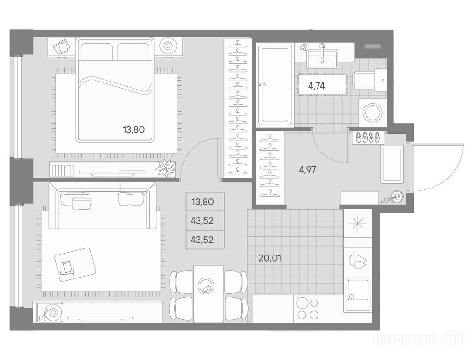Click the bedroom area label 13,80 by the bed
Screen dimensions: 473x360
point(133,129)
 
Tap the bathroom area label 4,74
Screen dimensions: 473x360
point(316,86)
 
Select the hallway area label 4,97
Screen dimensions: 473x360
point(307,170)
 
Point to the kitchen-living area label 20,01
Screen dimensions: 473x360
point(270,258)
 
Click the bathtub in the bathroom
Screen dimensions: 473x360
point(274,86)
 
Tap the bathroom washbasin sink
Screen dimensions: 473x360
point(322,59)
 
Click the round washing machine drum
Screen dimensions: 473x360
point(373,113)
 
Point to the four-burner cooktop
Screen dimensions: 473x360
point(307,308)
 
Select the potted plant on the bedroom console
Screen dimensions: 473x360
point(165,168)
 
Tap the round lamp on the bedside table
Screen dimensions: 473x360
point(168,46)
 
